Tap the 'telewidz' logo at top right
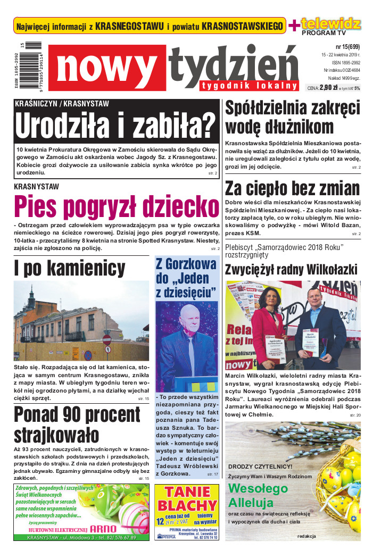click(330, 23)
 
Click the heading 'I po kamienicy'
click(70, 268)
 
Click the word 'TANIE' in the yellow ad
click(187, 492)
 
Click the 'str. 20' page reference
click(355, 414)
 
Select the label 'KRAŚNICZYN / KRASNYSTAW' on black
click(62, 104)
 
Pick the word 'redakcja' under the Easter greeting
click(307, 536)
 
